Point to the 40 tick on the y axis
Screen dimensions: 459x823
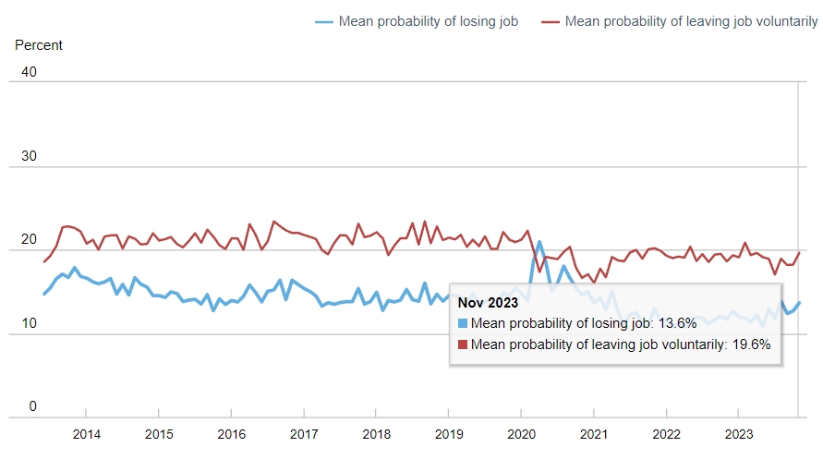pos(28,72)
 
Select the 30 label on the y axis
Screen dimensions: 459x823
pos(28,156)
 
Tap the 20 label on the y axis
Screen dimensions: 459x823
pos(28,240)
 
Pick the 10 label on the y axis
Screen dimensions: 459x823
pos(28,323)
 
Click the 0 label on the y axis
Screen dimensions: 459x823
pos(31,407)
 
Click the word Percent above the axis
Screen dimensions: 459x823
pos(39,44)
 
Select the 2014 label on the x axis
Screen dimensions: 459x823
pos(86,434)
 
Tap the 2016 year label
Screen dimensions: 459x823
pos(231,434)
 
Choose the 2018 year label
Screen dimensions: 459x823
pos(376,434)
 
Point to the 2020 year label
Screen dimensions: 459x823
pos(521,434)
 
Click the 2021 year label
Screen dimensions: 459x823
pos(594,434)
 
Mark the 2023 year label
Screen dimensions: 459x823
pos(739,434)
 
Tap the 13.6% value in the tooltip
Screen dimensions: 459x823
pos(672,323)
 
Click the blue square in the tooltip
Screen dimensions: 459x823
pos(463,323)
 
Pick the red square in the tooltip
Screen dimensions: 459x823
pos(463,344)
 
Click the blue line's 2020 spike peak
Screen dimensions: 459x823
pos(540,241)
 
